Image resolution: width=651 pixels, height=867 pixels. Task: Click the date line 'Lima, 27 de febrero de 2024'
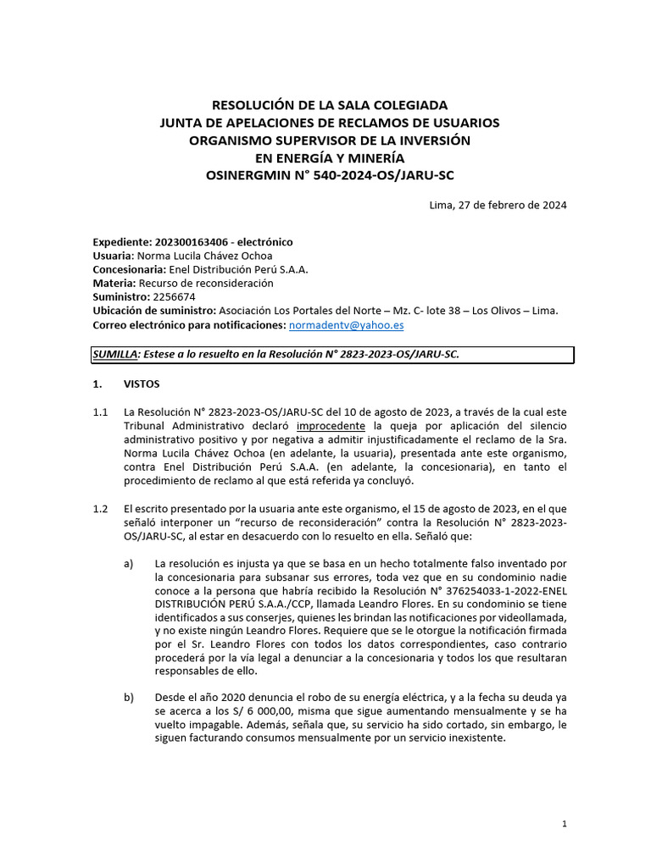point(498,205)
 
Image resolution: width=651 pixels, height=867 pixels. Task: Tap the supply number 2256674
point(173,297)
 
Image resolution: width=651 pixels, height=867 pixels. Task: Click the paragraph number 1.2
point(100,509)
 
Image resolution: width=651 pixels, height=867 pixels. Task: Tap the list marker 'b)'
point(129,697)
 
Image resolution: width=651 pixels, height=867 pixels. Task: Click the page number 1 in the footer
point(565,824)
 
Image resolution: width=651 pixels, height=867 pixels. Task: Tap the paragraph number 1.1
point(100,412)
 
